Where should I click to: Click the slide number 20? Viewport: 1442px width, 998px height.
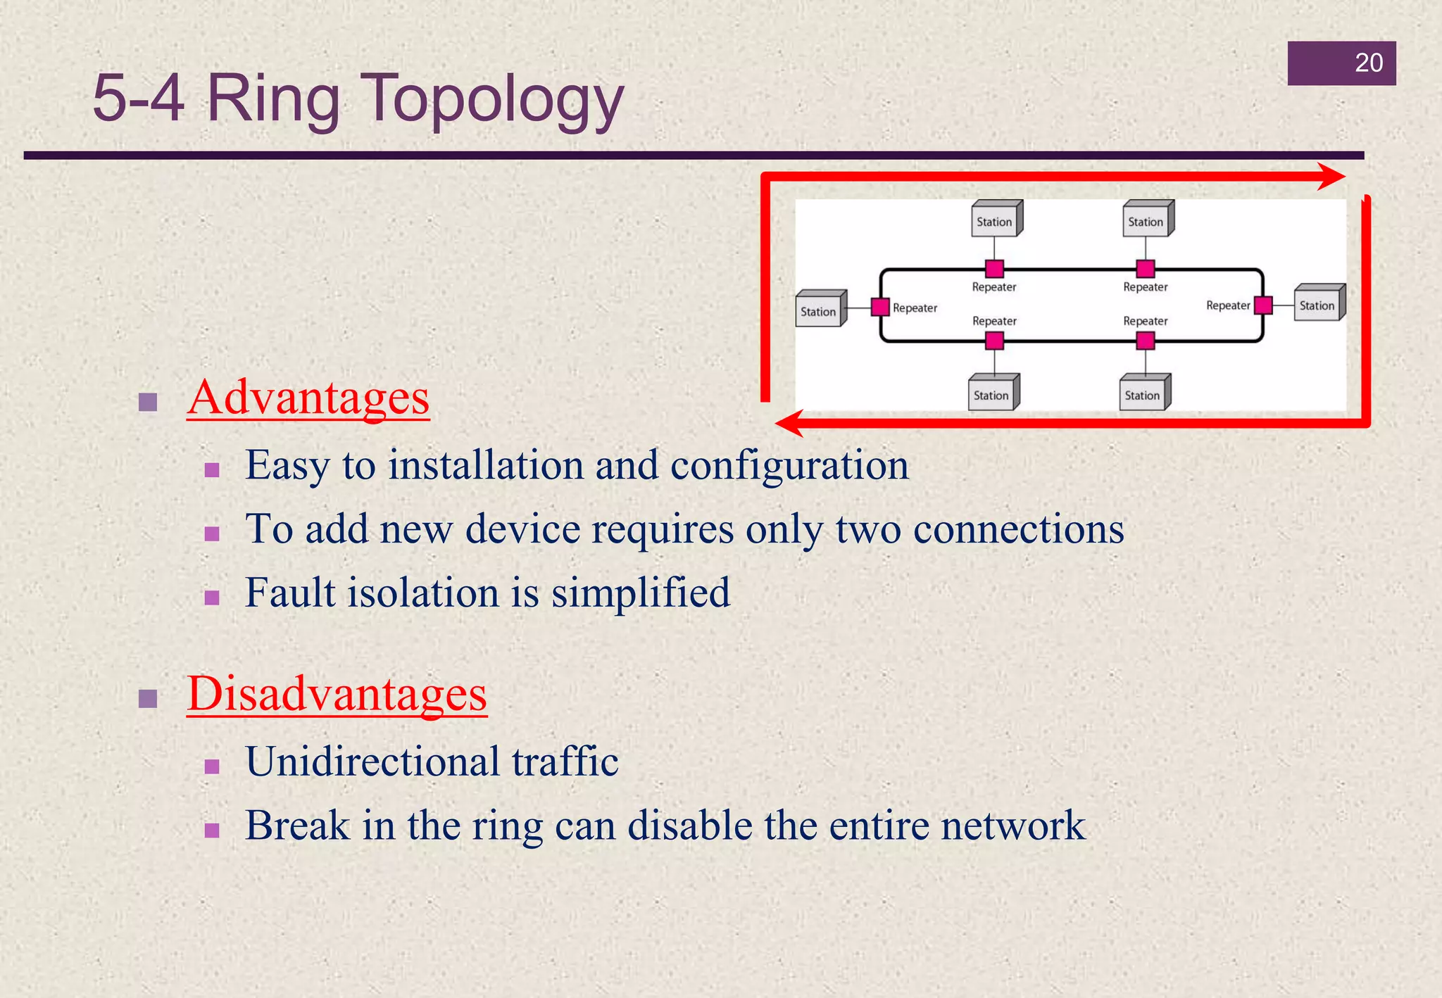(x=1368, y=63)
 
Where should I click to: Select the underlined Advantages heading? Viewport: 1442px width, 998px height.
(x=308, y=398)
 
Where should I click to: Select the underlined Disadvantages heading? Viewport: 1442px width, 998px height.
(x=337, y=694)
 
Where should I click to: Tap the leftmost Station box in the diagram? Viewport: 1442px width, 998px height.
(x=820, y=310)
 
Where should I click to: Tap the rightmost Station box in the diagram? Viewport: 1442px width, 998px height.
(x=1318, y=304)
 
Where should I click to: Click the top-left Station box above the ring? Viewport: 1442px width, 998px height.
(x=995, y=220)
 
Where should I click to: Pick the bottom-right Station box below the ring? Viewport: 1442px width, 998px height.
(x=1143, y=393)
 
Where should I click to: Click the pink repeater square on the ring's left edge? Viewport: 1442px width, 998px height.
(x=879, y=307)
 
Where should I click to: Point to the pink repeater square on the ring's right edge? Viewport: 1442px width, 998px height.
(x=1263, y=305)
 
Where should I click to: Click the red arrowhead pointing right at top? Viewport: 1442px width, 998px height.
(x=1331, y=177)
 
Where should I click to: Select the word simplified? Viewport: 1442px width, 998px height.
(x=641, y=593)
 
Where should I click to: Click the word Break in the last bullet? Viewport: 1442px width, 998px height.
(x=297, y=826)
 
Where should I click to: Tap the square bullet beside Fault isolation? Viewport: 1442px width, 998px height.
(x=212, y=598)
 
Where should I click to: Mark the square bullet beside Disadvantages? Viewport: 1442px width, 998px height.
(x=148, y=698)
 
